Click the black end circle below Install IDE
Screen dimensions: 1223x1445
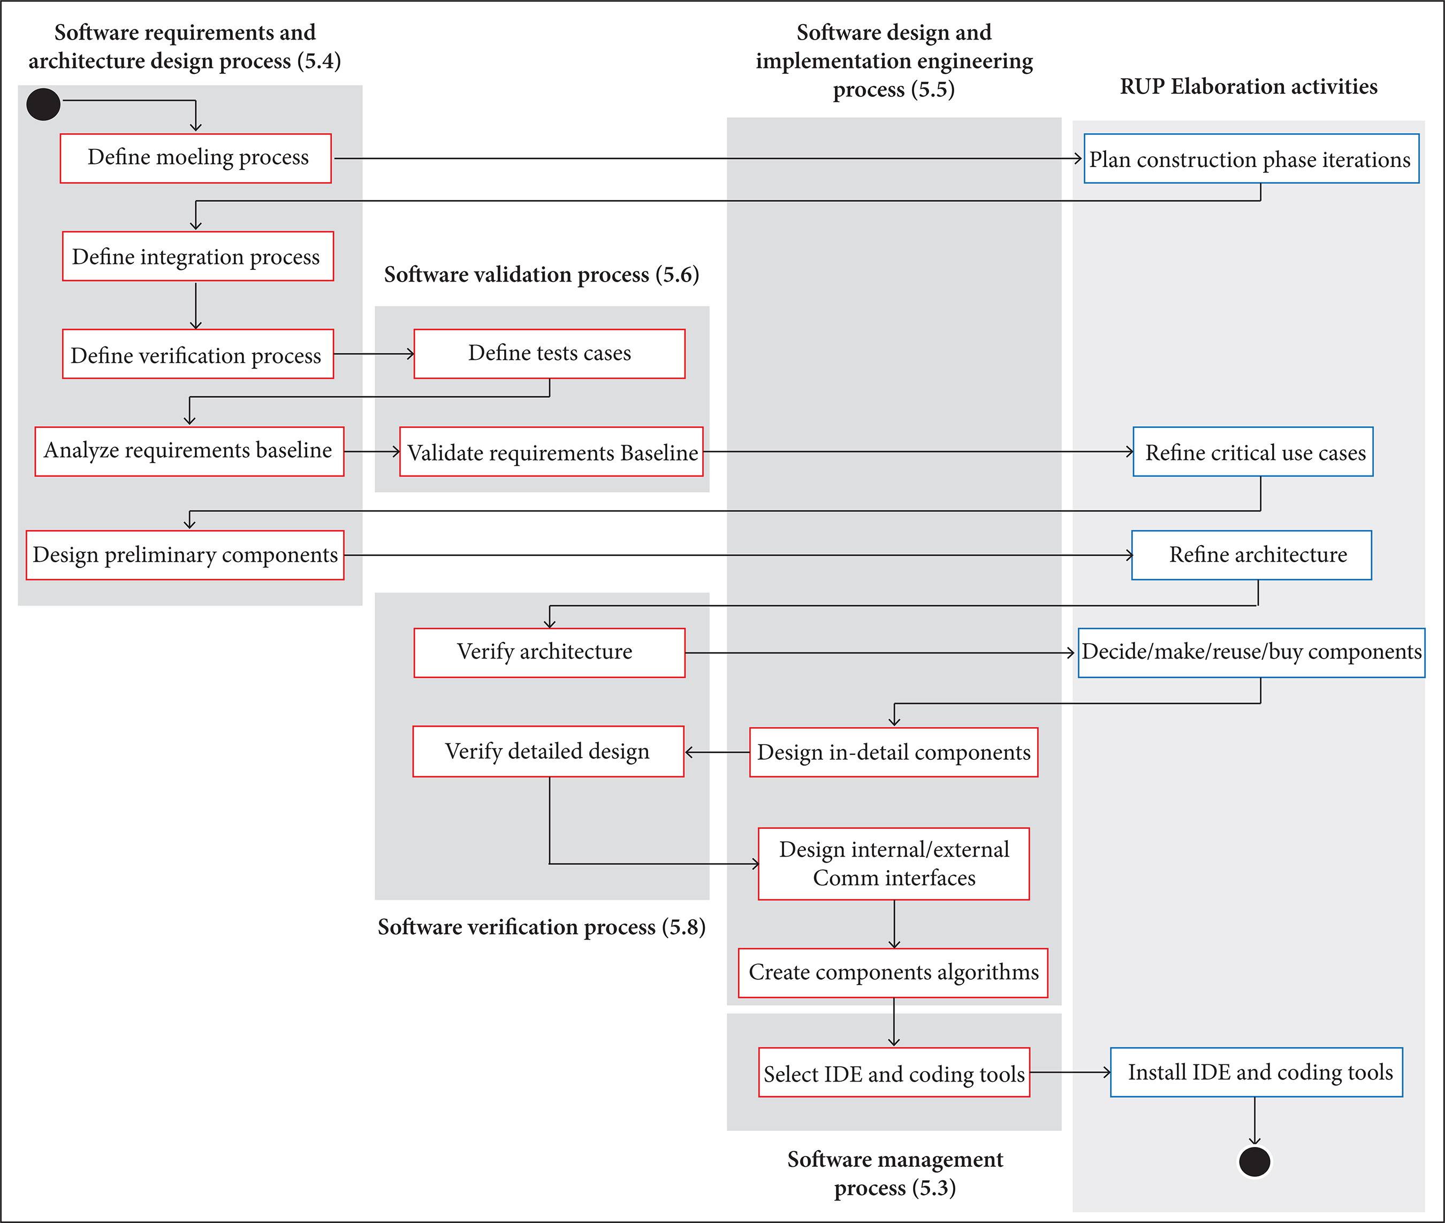tap(1254, 1162)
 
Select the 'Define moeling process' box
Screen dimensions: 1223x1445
tap(196, 158)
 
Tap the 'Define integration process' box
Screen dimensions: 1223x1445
tap(197, 256)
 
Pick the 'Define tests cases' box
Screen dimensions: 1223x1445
tap(550, 353)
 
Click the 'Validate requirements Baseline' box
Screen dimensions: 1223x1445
tap(552, 452)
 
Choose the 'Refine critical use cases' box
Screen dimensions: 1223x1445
tap(1253, 452)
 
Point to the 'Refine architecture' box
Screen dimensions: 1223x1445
tap(1252, 555)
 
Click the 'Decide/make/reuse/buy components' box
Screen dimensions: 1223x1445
tap(1252, 652)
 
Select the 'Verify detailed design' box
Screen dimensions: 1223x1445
tap(548, 752)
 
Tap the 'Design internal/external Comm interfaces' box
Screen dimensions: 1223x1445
tap(894, 864)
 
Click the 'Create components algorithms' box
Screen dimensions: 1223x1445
tap(893, 973)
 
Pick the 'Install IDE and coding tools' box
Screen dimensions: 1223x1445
tap(1257, 1073)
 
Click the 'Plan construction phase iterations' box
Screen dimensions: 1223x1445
tap(1251, 159)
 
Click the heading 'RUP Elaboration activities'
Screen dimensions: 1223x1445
tap(1248, 87)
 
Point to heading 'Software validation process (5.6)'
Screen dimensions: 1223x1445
tap(541, 275)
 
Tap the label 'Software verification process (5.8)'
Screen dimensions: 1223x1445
tap(541, 927)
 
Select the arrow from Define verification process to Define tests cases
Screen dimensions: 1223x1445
tap(374, 354)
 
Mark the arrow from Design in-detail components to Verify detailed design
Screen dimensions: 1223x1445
tap(717, 752)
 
